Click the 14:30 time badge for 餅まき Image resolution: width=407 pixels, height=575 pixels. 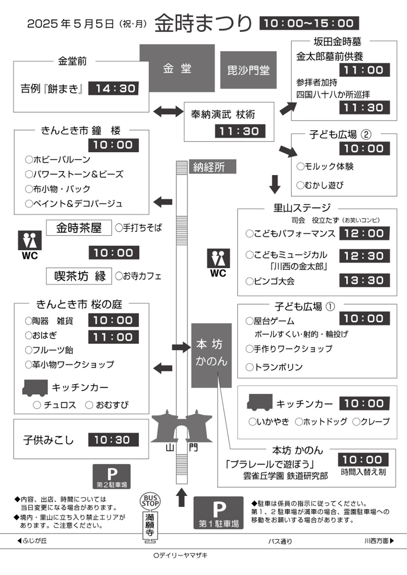coord(114,88)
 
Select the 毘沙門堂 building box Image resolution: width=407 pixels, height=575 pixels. coord(248,70)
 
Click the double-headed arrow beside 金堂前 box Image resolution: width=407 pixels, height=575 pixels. coord(168,112)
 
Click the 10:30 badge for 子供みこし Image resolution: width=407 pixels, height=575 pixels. coord(114,440)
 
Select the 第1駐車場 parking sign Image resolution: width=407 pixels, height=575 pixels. coord(219,513)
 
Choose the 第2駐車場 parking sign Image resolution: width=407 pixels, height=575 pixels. coord(112,477)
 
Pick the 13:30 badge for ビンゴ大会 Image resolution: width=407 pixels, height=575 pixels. coord(364,280)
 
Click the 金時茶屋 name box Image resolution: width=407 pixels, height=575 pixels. coord(79,228)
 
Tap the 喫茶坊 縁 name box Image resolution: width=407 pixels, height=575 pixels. coord(79,276)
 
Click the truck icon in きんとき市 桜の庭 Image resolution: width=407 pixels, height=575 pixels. coord(35,388)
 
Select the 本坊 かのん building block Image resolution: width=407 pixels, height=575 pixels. coord(211,355)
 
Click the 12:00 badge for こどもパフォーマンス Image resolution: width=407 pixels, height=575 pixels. coord(364,233)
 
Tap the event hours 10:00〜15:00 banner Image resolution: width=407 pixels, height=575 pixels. coord(309,23)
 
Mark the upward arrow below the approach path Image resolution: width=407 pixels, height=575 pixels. coord(182,497)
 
